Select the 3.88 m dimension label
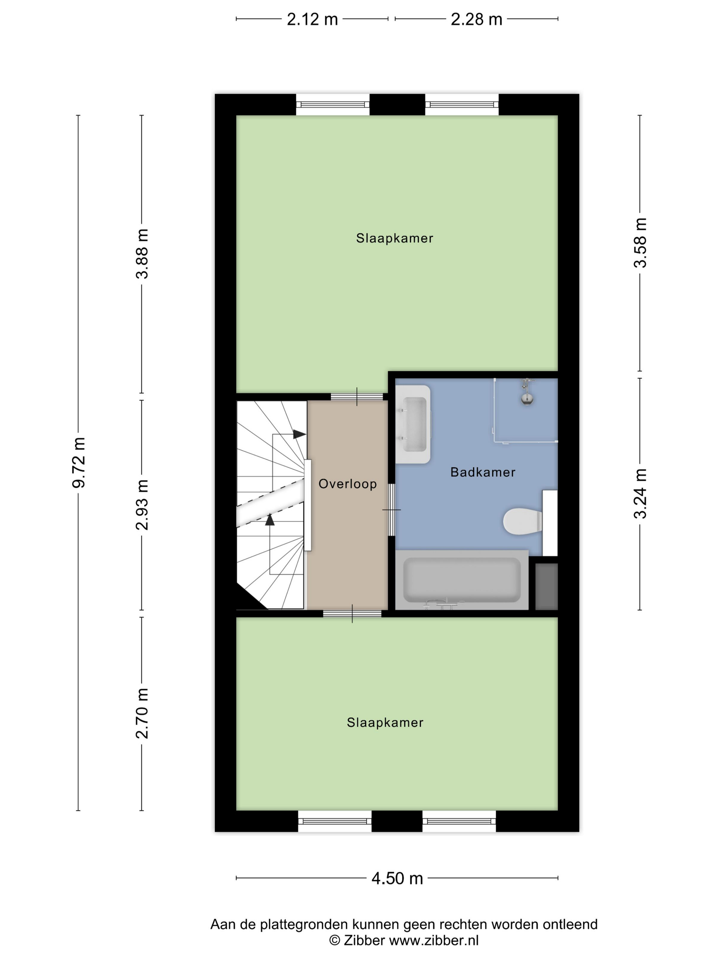[142, 254]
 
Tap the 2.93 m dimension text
[142, 505]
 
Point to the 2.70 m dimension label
[142, 713]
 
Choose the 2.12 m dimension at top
[312, 20]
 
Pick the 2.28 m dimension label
[476, 20]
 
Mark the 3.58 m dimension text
[640, 243]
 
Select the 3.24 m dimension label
[640, 494]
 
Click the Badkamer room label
[482, 472]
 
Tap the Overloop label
[347, 484]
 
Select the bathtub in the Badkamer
[462, 580]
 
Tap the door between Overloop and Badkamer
[391, 510]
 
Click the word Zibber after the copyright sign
[364, 940]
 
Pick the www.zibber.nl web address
[434, 940]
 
